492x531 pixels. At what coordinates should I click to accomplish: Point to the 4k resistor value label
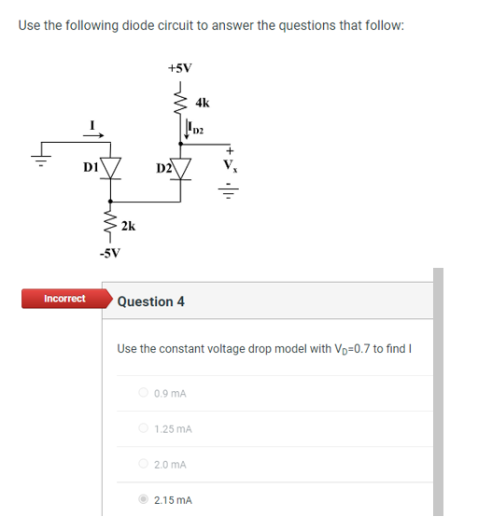point(203,102)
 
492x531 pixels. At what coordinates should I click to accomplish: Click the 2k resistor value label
point(129,225)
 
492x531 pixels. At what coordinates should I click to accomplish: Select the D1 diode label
point(91,168)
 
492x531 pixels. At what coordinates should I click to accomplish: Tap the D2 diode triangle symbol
point(179,168)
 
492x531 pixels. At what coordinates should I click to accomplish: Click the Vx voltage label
point(230,169)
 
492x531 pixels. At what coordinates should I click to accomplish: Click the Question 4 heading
point(150,301)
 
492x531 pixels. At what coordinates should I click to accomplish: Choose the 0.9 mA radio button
point(143,393)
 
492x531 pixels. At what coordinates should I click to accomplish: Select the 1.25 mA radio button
point(143,428)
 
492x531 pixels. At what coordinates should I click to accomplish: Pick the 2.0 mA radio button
point(143,464)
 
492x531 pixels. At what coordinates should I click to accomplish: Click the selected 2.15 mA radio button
point(143,499)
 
